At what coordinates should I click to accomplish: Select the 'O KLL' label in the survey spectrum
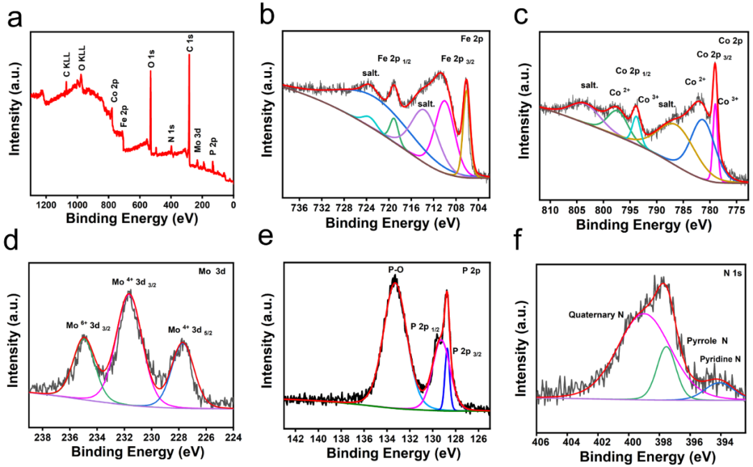click(82, 60)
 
